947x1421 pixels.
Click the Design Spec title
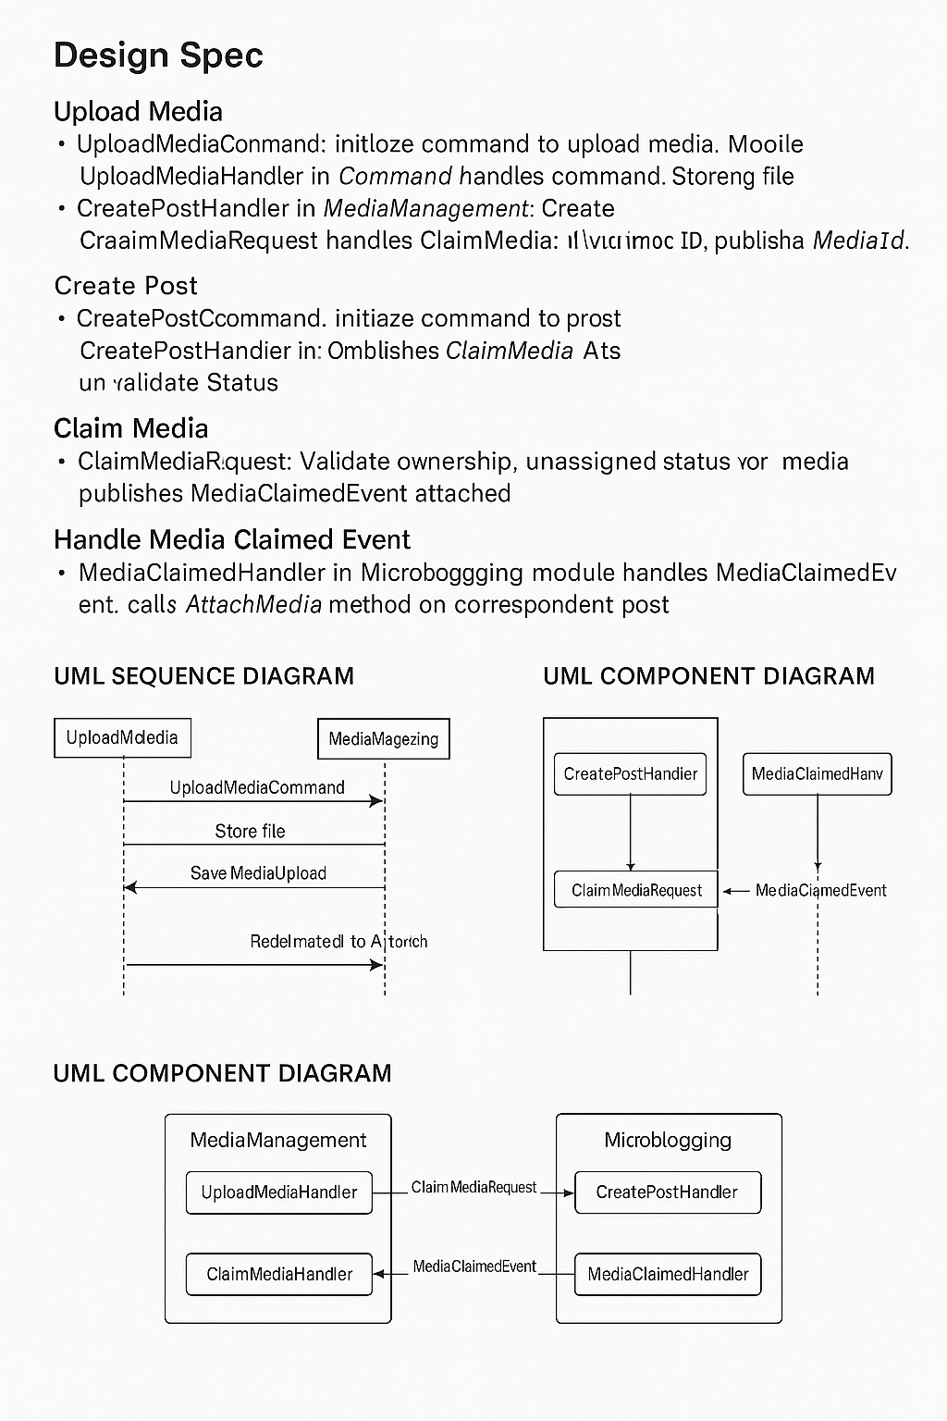tap(158, 56)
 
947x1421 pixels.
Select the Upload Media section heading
tap(138, 112)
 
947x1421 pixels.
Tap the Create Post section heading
tap(126, 286)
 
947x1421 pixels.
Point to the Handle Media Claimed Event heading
tap(232, 539)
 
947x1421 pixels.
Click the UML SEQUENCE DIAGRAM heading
tap(203, 676)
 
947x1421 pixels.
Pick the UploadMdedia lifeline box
tap(122, 738)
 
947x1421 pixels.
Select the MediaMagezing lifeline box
tap(383, 739)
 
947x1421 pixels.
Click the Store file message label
tap(250, 831)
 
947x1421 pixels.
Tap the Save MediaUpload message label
tap(258, 873)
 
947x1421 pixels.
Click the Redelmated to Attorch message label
tap(338, 942)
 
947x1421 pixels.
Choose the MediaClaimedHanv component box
tap(817, 774)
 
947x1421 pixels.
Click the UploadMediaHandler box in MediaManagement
tap(278, 1192)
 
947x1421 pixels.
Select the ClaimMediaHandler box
tap(278, 1274)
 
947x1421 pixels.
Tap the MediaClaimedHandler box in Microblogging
tap(668, 1274)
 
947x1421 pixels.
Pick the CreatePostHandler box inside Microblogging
tap(668, 1192)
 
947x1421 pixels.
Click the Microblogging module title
tap(668, 1140)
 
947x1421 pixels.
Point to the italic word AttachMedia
tap(253, 605)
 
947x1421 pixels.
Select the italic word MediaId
tap(858, 241)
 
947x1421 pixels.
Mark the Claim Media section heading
tap(130, 428)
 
